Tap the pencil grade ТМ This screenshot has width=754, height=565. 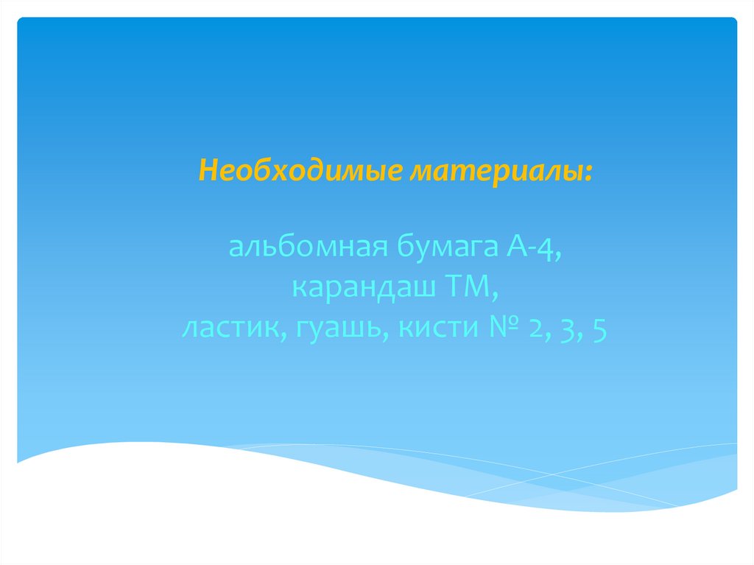click(x=467, y=289)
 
